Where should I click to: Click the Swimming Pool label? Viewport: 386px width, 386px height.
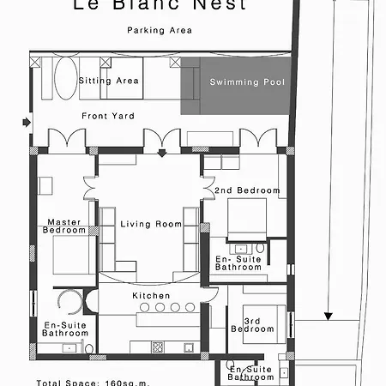click(x=248, y=82)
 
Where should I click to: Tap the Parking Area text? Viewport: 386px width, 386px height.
click(x=159, y=30)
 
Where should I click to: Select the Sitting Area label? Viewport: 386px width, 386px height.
click(x=109, y=81)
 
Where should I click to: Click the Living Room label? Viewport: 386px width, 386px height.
click(x=152, y=225)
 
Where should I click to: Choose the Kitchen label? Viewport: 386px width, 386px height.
click(x=150, y=295)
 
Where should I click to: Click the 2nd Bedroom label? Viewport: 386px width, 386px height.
click(x=248, y=190)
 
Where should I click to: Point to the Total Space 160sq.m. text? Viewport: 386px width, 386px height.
click(x=81, y=383)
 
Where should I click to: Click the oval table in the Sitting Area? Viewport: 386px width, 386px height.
click(x=64, y=81)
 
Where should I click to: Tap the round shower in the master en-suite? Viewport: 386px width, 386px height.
click(x=69, y=302)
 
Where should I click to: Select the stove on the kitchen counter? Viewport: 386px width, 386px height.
click(x=158, y=347)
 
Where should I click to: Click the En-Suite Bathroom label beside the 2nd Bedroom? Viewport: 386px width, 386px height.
click(x=238, y=262)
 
